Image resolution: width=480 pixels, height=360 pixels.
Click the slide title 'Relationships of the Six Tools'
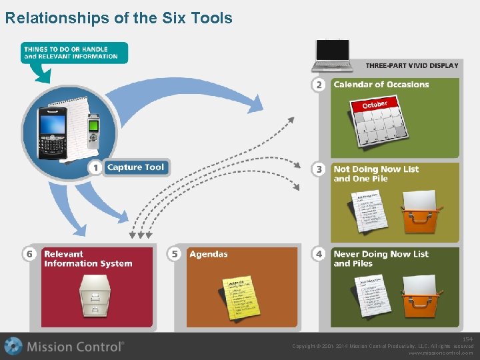(119, 18)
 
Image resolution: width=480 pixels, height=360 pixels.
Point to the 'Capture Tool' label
(135, 167)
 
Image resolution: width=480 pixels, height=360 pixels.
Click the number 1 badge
(96, 168)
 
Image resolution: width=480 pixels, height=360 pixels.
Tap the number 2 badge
(319, 85)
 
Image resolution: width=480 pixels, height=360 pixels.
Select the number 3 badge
(319, 169)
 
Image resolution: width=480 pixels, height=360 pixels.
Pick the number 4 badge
(319, 254)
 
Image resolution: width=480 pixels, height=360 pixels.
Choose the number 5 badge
(175, 254)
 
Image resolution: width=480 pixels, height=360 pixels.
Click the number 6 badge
(29, 254)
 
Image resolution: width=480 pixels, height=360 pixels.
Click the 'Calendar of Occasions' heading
(381, 85)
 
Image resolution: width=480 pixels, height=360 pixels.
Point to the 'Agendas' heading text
(208, 254)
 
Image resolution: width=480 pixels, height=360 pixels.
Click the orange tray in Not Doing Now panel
(420, 212)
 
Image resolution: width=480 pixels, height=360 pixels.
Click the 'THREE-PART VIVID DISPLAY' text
(412, 65)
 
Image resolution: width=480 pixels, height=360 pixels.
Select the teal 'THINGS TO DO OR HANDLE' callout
(73, 53)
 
